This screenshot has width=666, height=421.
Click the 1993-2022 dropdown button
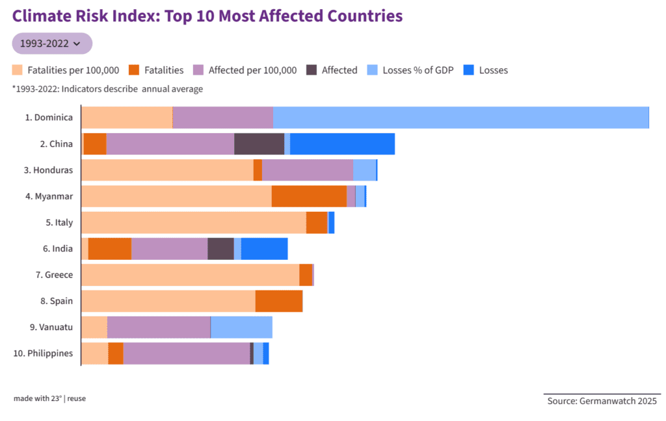coord(52,44)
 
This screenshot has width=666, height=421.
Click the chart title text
coord(207,16)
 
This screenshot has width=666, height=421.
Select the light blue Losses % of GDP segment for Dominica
coord(460,118)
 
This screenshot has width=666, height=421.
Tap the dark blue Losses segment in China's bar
coord(342,144)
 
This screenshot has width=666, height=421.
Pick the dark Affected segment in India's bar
coord(220,248)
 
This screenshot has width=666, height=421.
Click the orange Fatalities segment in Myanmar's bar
coord(309,196)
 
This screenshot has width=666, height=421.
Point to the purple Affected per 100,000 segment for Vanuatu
coord(159,327)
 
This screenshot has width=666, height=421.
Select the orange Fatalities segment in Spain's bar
coord(279,301)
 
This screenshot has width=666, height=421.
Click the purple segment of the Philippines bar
coord(186,353)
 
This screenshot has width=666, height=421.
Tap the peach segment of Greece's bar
coord(190,274)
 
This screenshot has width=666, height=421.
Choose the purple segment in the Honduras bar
coord(307,170)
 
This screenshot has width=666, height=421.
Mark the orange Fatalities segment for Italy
coord(317,222)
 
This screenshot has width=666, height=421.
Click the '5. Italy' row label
coord(59,222)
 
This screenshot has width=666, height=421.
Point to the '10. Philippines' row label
coord(45,353)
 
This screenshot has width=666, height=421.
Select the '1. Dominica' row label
coord(49,118)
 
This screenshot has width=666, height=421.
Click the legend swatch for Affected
coord(312,70)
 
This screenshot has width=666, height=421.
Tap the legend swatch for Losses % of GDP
coord(373,70)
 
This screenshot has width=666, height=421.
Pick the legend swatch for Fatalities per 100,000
coord(18,70)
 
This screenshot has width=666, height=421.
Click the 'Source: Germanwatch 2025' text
coord(602,401)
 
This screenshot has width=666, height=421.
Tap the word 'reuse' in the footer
coord(77,398)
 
